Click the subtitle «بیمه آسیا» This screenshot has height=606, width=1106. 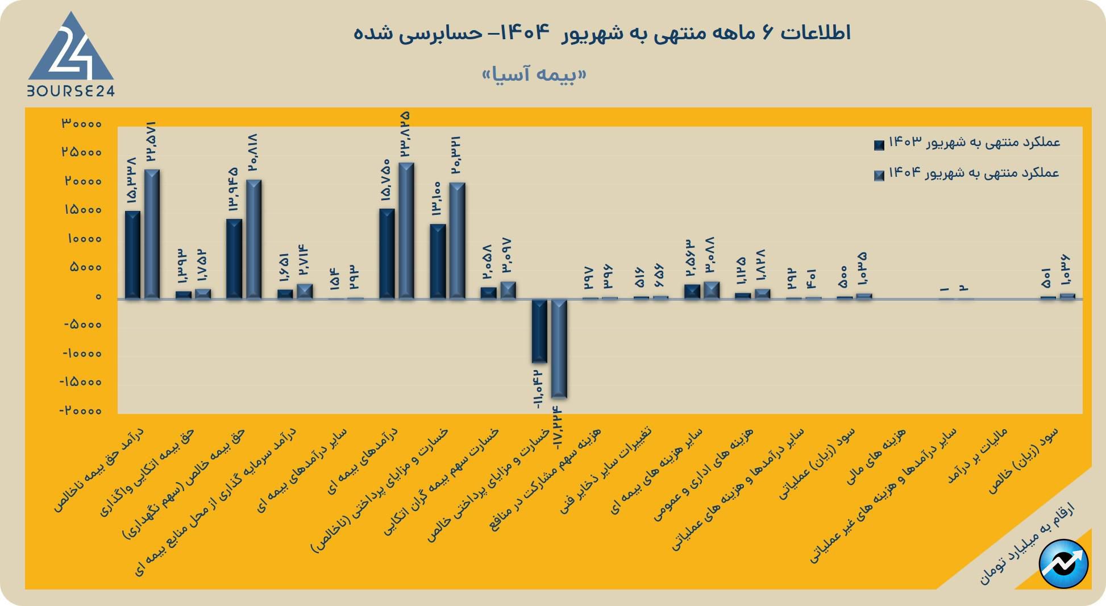(x=534, y=74)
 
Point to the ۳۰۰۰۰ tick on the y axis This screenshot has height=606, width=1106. (x=82, y=124)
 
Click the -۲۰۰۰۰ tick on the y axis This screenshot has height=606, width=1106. (x=82, y=411)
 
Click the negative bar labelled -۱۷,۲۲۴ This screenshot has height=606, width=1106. (x=559, y=348)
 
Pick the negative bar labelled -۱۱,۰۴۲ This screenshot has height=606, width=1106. (x=539, y=331)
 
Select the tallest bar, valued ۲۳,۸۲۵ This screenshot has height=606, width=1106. (x=406, y=230)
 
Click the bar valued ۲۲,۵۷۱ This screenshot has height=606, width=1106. (x=152, y=234)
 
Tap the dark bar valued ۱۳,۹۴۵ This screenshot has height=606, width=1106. (x=234, y=259)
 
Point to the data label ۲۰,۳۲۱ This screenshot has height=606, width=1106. (x=456, y=155)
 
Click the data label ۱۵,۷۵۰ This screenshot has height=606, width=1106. (x=385, y=180)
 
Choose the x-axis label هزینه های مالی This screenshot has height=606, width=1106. (x=876, y=457)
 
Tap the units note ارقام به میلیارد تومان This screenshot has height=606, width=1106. (x=1026, y=543)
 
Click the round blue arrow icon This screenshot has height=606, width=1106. (x=1063, y=564)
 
